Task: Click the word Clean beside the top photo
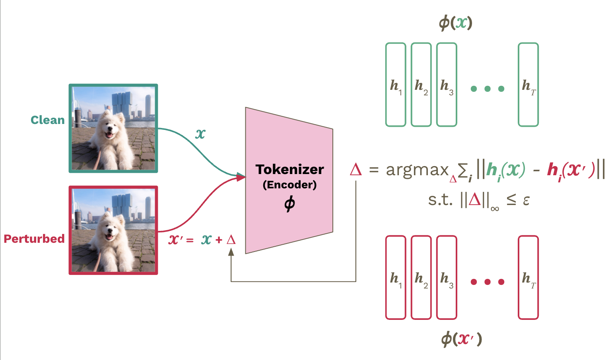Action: (x=47, y=120)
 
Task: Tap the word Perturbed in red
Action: (x=34, y=239)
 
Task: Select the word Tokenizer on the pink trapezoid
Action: (x=289, y=169)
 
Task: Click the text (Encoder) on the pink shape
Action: (x=289, y=185)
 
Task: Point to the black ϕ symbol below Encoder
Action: (x=289, y=204)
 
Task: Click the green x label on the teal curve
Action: (x=200, y=134)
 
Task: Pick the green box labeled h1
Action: (x=396, y=85)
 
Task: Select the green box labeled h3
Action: (x=447, y=85)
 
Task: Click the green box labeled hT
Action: (x=528, y=85)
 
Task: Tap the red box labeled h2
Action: (x=421, y=277)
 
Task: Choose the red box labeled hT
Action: (x=528, y=277)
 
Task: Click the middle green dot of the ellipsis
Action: (x=488, y=89)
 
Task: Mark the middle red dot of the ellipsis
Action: (x=488, y=282)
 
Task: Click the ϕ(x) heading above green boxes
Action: (x=456, y=23)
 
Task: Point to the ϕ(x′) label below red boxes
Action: (x=461, y=339)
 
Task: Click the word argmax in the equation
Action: (x=417, y=170)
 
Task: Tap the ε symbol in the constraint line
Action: (x=526, y=200)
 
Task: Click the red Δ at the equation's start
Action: (x=356, y=170)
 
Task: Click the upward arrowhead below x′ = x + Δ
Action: (x=231, y=252)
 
